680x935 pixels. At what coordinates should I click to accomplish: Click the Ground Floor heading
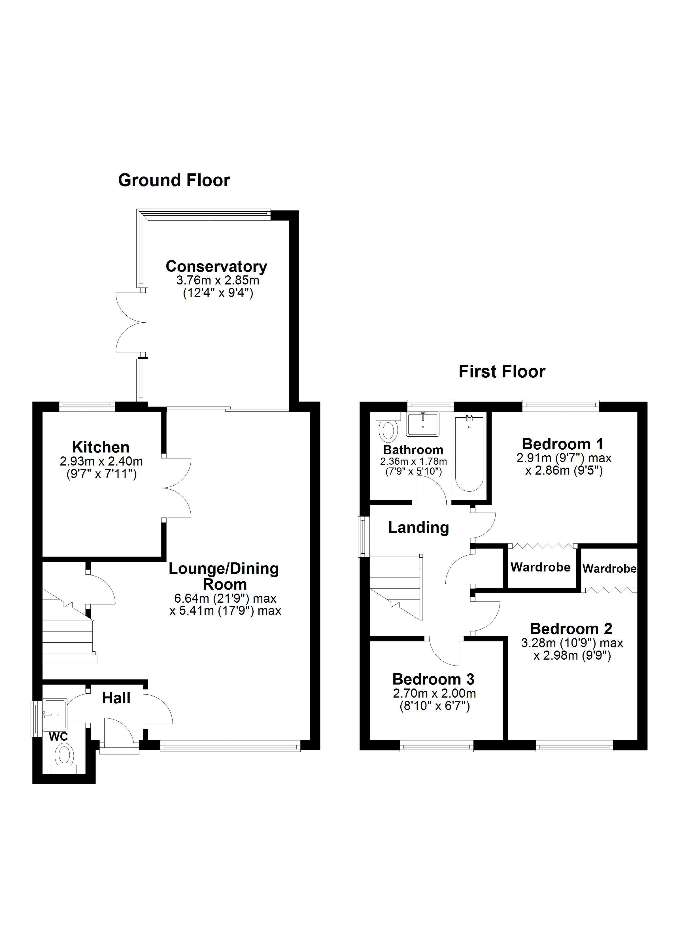pos(174,180)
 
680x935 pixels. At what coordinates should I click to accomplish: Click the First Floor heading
pos(501,371)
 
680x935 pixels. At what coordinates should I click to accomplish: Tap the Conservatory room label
pos(216,266)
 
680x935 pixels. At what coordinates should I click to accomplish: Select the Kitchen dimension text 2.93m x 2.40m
pos(101,461)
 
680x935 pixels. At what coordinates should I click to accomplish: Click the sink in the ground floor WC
pos(55,714)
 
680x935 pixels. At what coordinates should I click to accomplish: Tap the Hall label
pos(116,698)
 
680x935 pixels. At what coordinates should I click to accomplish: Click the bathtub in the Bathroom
pos(469,454)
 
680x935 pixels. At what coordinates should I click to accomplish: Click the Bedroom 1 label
pos(562,444)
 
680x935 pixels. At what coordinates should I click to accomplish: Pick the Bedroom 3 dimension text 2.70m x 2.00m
pos(434,693)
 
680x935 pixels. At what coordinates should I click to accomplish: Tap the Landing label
pos(418,527)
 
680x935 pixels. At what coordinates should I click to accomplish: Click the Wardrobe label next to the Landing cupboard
pos(540,567)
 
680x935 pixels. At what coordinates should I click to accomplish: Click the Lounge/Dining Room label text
pos(224,576)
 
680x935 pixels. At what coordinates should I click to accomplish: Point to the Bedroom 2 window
pos(574,745)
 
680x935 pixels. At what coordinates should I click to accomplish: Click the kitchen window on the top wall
pos(87,405)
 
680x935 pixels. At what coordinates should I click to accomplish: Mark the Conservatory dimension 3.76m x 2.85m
pos(217,280)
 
